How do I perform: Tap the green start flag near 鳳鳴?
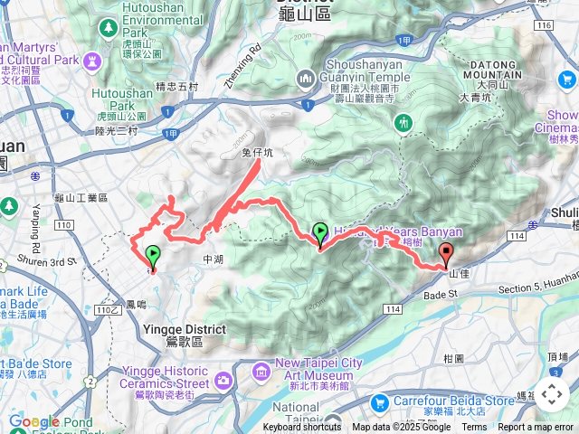153,256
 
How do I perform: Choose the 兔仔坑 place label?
257,153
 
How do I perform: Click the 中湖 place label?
214,259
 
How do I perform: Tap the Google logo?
33,421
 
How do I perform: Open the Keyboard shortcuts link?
302,428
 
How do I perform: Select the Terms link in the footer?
474,428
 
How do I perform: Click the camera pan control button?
552,393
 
